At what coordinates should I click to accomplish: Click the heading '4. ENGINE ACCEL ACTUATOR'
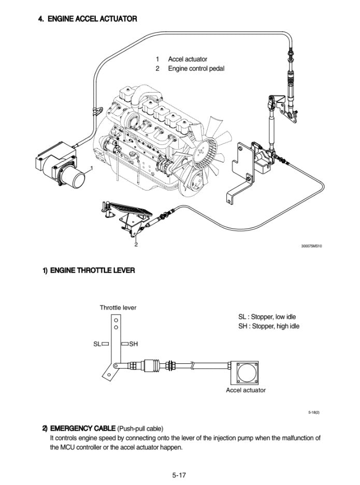click(88, 19)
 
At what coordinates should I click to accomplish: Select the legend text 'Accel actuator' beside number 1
click(187, 60)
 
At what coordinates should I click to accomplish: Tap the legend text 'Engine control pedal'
click(196, 69)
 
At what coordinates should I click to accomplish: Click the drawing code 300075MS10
click(311, 246)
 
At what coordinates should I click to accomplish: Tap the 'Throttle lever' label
click(118, 307)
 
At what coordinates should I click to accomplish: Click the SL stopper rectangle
click(105, 343)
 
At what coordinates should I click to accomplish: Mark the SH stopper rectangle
click(125, 343)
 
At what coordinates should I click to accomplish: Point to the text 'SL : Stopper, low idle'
click(267, 317)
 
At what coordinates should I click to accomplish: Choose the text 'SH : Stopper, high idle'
click(268, 326)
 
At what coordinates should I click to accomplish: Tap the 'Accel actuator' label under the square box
click(246, 390)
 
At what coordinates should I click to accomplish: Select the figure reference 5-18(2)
click(313, 412)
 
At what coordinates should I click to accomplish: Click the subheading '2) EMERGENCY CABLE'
click(79, 428)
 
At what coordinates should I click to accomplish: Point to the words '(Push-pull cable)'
click(140, 428)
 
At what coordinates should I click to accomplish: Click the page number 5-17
click(180, 474)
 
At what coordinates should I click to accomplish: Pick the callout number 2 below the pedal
click(136, 245)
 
